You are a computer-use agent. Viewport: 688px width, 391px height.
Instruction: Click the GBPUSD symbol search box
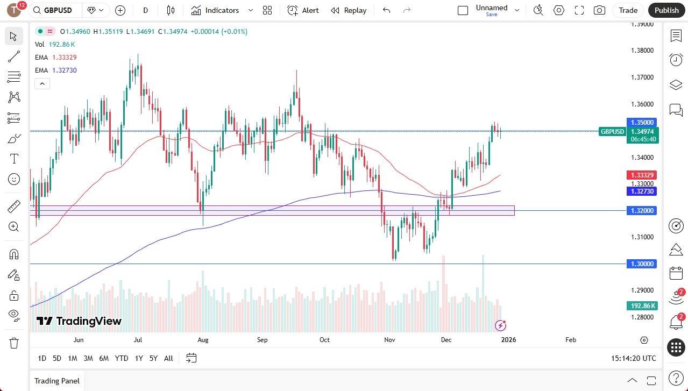coord(56,10)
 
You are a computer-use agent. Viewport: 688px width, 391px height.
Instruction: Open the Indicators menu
coord(222,10)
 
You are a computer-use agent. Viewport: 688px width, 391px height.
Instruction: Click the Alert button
coord(303,10)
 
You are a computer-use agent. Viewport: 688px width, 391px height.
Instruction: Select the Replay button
coord(349,10)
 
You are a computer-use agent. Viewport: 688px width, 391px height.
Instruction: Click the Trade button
coord(628,10)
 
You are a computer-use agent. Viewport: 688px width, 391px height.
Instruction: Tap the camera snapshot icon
coord(599,10)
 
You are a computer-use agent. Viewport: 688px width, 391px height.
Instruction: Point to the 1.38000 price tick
coord(642,51)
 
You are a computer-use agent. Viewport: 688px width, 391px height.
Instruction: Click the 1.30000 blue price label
coord(642,264)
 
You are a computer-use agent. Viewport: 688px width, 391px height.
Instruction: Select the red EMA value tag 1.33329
coord(642,175)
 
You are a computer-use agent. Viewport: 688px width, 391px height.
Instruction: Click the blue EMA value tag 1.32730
coord(642,191)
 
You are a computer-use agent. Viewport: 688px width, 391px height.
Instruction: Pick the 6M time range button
coord(104,358)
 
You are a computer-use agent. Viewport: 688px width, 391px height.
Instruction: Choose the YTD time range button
coord(122,358)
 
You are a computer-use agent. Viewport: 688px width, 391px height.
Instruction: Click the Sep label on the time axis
coord(262,340)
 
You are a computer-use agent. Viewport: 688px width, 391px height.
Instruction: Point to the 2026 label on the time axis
coord(508,340)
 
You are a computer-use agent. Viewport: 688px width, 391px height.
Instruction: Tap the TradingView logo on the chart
coord(79,321)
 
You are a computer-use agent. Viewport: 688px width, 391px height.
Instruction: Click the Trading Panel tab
coord(57,381)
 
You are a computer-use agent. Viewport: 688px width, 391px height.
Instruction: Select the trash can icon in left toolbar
coord(14,343)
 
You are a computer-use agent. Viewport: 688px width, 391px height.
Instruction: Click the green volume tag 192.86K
coord(642,306)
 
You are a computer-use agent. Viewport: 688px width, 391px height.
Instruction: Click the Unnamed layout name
coord(491,8)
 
